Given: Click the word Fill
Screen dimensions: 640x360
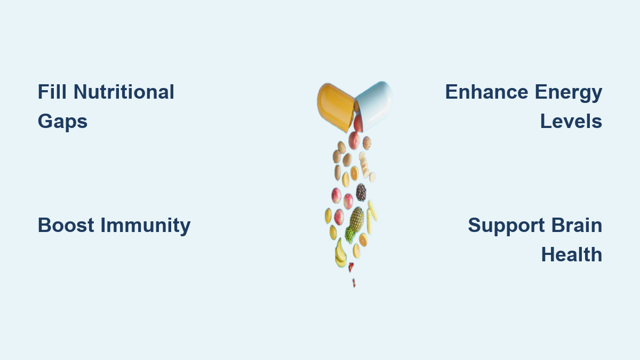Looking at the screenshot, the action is pyautogui.click(x=52, y=92).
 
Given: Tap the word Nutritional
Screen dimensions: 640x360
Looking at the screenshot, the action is pyautogui.click(x=124, y=92).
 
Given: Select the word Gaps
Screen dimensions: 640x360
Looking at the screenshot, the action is pyautogui.click(x=62, y=122).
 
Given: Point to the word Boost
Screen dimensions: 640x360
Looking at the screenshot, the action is pyautogui.click(x=66, y=226).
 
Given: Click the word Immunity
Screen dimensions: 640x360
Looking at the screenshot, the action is pyautogui.click(x=146, y=226).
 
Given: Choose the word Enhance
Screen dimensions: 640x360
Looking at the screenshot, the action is pyautogui.click(x=486, y=92).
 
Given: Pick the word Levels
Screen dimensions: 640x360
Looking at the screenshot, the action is pyautogui.click(x=571, y=121).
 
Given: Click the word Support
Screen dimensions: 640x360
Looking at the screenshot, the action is pyautogui.click(x=506, y=226).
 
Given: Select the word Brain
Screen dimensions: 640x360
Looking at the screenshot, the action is pyautogui.click(x=577, y=226).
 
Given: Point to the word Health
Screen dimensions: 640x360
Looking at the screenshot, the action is pyautogui.click(x=572, y=254).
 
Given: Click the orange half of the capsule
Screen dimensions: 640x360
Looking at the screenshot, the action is pyautogui.click(x=335, y=107).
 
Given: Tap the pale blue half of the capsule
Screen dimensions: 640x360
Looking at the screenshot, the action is pyautogui.click(x=374, y=105).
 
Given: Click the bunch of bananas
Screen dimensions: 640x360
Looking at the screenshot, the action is pyautogui.click(x=340, y=254).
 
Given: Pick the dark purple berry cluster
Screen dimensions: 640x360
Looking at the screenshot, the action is pyautogui.click(x=361, y=193).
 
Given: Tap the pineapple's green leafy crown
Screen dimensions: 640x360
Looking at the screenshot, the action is pyautogui.click(x=350, y=235).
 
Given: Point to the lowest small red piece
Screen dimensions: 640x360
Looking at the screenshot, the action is pyautogui.click(x=354, y=283).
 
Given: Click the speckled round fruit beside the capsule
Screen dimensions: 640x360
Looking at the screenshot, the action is pyautogui.click(x=367, y=143).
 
